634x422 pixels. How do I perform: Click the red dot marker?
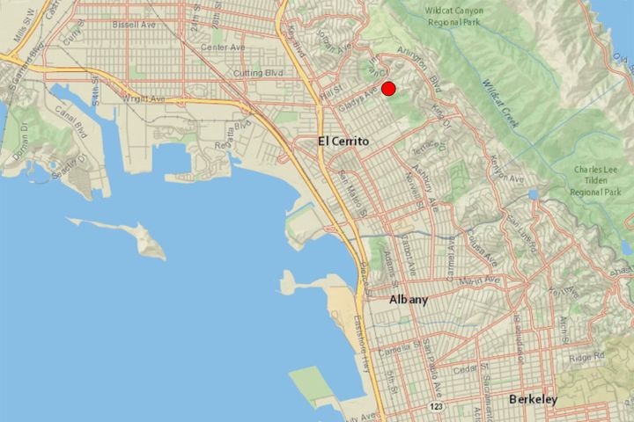pyautogui.click(x=388, y=89)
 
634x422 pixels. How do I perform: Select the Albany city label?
pyautogui.click(x=409, y=300)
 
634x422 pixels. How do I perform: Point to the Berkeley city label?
pyautogui.click(x=533, y=400)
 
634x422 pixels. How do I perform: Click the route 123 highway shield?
pyautogui.click(x=436, y=407)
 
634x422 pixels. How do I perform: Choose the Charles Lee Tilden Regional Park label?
pyautogui.click(x=595, y=179)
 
